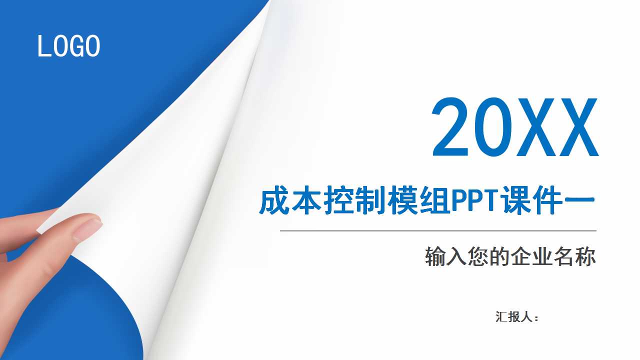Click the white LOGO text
(x=69, y=46)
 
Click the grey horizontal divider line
(x=438, y=231)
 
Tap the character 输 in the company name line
(x=435, y=257)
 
